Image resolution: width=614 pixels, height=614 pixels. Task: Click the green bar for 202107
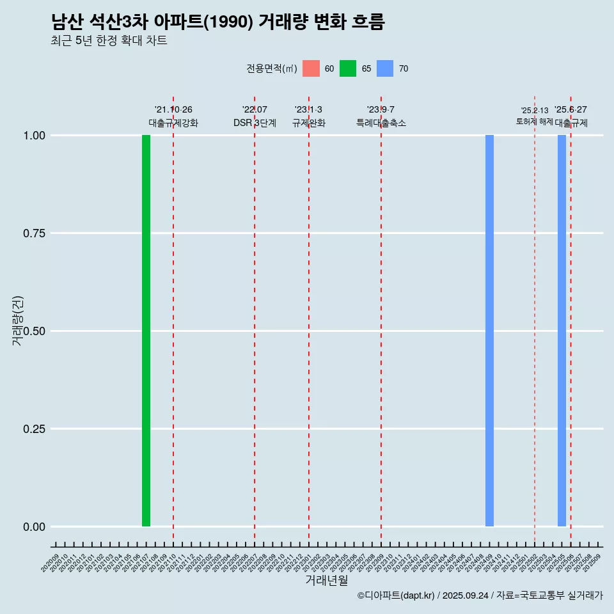point(146,331)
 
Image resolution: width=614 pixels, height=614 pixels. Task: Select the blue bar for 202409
point(489,331)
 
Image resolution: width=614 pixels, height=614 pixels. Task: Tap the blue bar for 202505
point(562,331)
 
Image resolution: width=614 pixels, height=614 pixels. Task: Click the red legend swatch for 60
point(311,68)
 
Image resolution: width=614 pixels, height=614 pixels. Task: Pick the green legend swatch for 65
point(348,68)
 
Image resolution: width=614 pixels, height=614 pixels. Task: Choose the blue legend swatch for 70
point(385,68)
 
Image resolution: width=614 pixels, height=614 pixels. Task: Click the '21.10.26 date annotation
point(173,109)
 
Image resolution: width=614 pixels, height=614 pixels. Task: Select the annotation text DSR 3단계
point(255,123)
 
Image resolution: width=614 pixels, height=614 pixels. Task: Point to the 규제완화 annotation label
point(309,123)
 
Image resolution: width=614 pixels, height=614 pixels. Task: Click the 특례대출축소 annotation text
point(381,123)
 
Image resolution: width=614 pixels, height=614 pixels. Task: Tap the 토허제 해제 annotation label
point(534,122)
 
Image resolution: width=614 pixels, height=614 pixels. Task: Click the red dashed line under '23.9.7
point(381,320)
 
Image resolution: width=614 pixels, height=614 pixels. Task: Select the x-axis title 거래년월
point(327,581)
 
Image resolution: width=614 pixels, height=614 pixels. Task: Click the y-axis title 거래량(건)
point(18,320)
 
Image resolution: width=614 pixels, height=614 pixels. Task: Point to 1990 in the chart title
point(231,22)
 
